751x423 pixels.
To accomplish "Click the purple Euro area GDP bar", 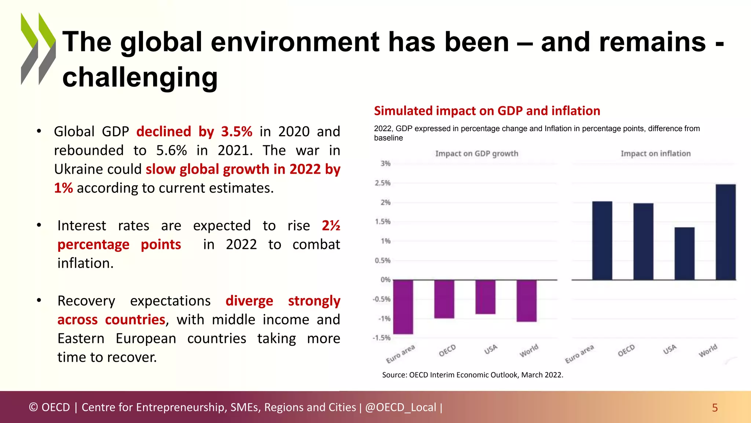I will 403,307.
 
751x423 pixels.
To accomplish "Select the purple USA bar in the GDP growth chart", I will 485,297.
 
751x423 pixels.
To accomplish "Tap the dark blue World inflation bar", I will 725,232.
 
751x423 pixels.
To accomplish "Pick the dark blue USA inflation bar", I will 684,254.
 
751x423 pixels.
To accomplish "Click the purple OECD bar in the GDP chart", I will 444,299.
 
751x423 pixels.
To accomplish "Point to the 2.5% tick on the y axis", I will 382,183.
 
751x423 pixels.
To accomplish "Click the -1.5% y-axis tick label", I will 381,338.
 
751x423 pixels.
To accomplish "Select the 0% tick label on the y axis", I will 385,280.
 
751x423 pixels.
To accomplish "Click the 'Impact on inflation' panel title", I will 655,153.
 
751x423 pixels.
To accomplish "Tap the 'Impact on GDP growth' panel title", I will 476,153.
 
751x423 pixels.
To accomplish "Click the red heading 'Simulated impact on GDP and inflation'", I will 487,111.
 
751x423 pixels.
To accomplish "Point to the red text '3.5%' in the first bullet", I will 237,131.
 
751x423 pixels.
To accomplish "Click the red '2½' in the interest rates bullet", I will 331,225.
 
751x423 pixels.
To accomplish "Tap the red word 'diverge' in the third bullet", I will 249,301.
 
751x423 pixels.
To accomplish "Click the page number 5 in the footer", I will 714,408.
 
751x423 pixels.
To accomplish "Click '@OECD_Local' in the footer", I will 400,407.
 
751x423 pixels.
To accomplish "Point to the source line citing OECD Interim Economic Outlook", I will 472,375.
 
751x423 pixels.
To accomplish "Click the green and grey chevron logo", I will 38,49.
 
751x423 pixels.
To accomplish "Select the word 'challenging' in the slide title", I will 140,78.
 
